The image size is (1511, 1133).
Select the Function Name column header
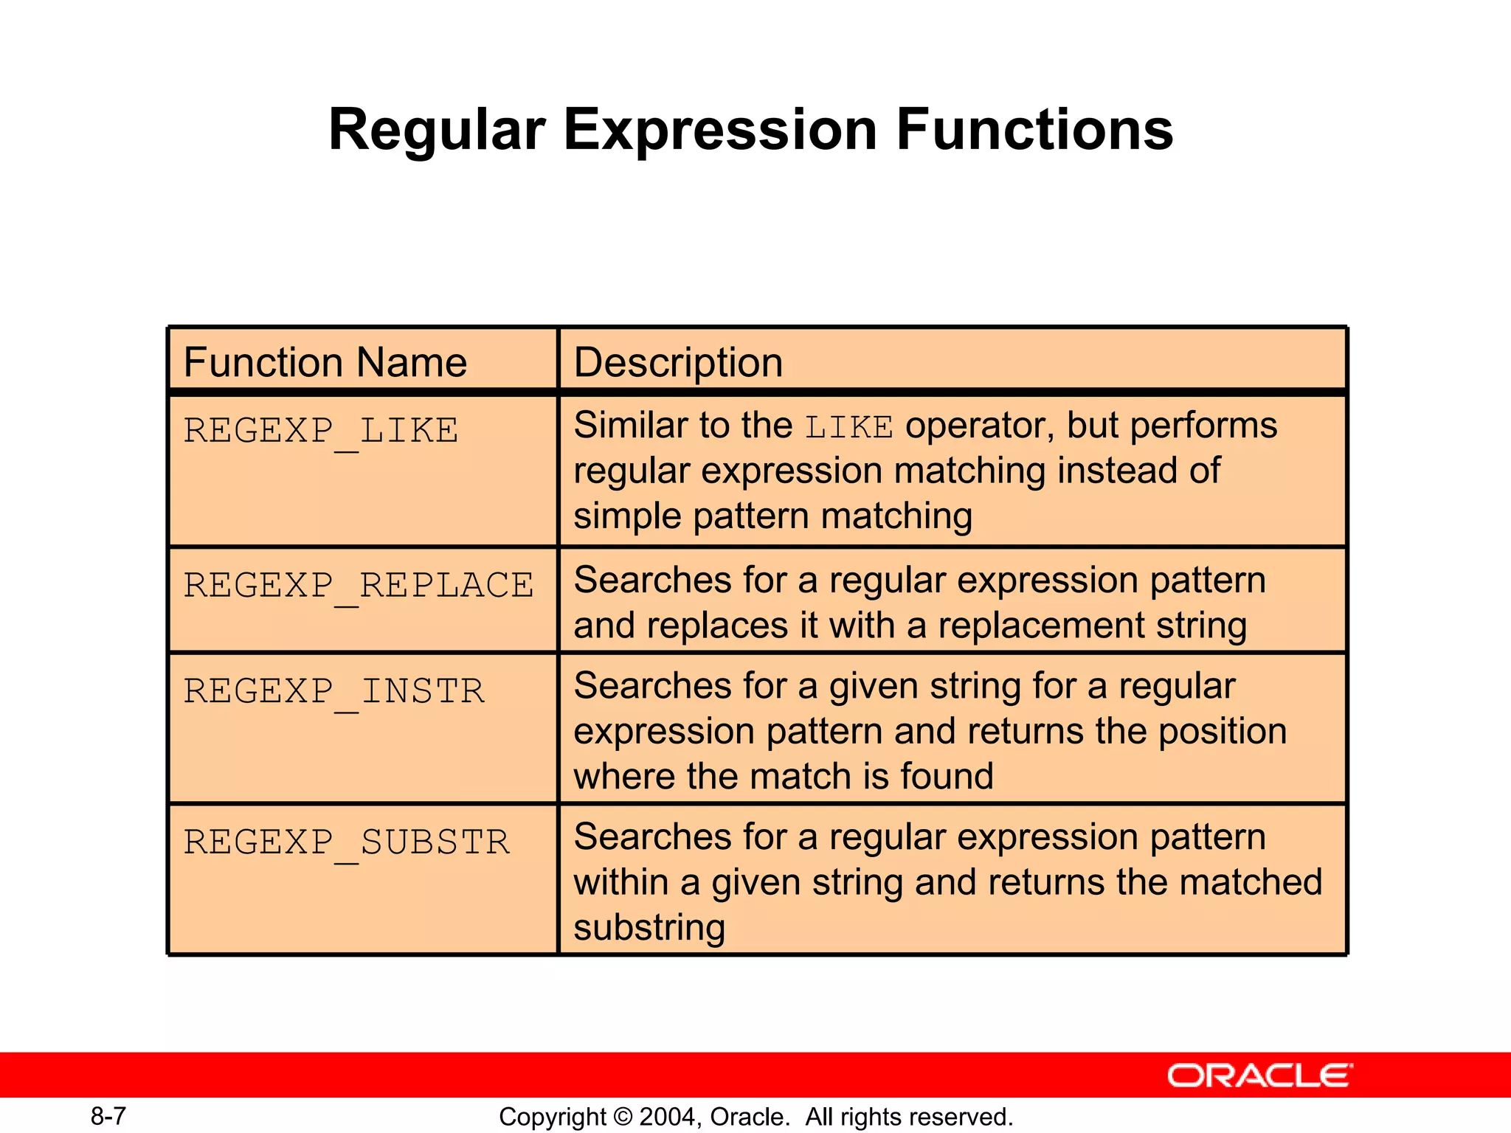325,362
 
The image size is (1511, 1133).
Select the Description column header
678,362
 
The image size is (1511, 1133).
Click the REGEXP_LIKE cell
321,431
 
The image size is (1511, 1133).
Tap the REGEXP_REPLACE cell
359,586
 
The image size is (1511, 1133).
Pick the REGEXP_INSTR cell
333,692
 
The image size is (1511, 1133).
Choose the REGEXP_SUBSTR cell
347,842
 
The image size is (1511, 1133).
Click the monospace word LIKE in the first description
848,427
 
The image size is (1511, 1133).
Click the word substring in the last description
649,928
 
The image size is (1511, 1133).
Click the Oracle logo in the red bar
1259,1075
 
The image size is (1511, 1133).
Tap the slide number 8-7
108,1117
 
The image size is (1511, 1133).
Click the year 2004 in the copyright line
667,1117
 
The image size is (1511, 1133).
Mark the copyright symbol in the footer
623,1117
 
